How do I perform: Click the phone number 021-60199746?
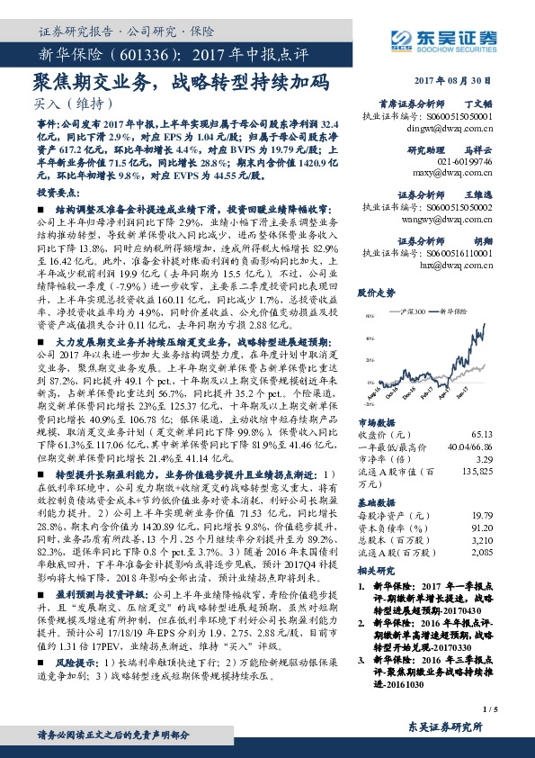(465, 160)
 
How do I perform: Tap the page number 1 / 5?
(513, 710)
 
